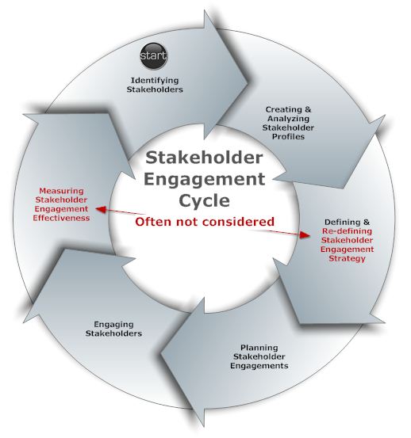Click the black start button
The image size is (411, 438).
point(154,55)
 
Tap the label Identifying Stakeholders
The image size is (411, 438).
point(155,85)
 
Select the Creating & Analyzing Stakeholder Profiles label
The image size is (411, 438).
point(288,123)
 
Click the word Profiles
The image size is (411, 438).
point(288,136)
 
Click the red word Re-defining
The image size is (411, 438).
point(347,231)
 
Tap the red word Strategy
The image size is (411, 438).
point(347,258)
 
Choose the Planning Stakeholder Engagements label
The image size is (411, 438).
point(259,356)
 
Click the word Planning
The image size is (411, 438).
point(259,348)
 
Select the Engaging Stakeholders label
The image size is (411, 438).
point(113,329)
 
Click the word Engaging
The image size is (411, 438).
point(113,325)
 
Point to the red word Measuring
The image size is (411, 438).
point(62,191)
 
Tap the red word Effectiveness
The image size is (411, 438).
point(61,218)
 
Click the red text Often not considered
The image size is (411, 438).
point(205,222)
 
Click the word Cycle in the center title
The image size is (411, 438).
point(204,200)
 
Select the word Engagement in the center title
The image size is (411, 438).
point(204,179)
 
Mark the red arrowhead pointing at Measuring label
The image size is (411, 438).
point(101,209)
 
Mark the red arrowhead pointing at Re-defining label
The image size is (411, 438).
point(305,235)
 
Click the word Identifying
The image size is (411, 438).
point(155,81)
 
